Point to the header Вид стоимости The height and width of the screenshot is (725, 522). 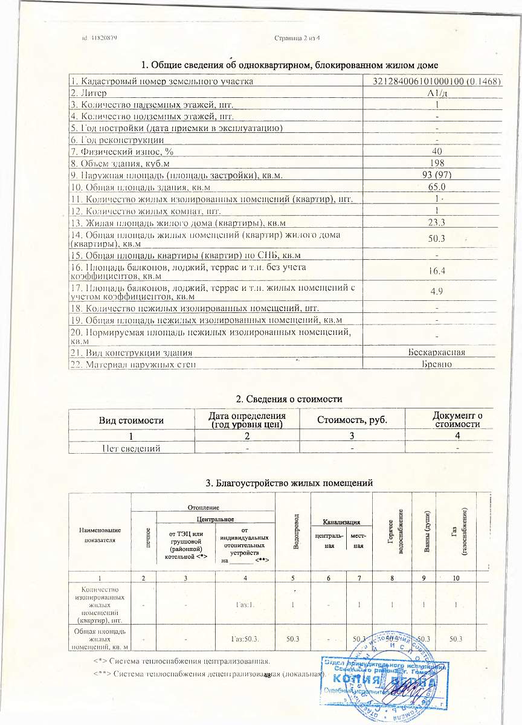point(131,419)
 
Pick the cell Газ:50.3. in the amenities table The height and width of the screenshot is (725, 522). point(245,639)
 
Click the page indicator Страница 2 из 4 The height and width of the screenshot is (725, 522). point(296,38)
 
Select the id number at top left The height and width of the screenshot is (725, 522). point(99,38)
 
